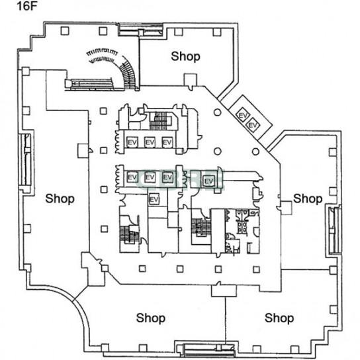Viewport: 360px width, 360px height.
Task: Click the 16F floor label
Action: click(27, 6)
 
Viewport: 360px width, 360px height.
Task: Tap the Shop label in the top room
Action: click(185, 56)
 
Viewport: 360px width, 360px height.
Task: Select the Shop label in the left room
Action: click(60, 199)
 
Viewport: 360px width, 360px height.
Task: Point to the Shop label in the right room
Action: click(308, 199)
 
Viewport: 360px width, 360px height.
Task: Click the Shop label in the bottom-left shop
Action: click(151, 318)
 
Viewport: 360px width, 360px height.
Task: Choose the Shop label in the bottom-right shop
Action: click(279, 318)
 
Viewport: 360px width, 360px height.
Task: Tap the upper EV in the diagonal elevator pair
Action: click(243, 116)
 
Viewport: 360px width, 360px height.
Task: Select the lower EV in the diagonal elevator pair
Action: click(253, 125)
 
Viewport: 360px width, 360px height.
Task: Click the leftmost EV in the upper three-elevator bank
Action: click(132, 142)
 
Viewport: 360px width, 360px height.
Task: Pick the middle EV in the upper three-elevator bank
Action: click(150, 142)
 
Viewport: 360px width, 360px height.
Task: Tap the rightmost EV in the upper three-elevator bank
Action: click(167, 142)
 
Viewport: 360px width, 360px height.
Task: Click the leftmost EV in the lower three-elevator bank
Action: click(132, 177)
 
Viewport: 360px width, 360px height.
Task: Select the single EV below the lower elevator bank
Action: click(154, 199)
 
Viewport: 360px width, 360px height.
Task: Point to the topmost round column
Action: click(217, 112)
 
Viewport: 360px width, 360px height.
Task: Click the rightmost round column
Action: click(255, 152)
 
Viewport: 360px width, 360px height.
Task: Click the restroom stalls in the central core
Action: click(242, 221)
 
